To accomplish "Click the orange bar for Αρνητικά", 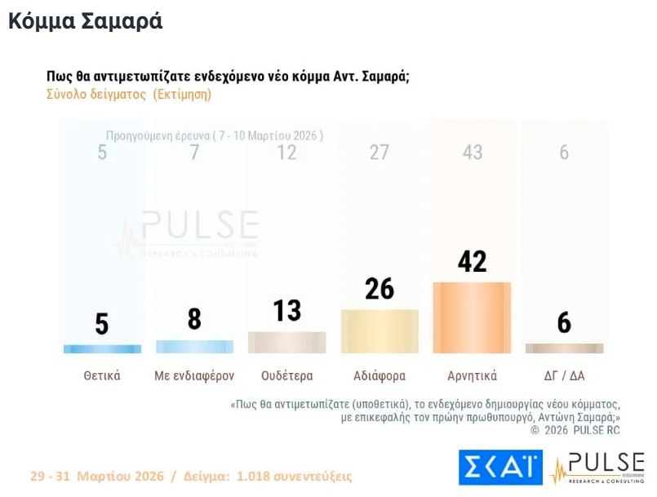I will pos(472,317).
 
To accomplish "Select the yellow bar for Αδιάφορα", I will pos(380,331).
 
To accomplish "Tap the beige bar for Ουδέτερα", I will pos(286,342).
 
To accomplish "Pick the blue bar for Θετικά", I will pos(102,348).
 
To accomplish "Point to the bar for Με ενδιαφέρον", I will pos(194,346).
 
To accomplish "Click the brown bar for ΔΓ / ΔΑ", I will pos(564,348).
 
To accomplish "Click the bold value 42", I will pos(472,261).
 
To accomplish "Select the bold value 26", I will pos(380,289).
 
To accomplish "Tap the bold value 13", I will pos(286,311).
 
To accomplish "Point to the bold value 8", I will pos(194,319).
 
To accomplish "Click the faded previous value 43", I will pos(472,153).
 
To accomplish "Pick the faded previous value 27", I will pos(380,153).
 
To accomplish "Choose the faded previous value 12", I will pos(286,153).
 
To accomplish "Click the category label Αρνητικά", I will pos(472,376).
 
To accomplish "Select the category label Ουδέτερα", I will pos(286,376).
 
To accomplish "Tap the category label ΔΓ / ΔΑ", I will pos(564,376).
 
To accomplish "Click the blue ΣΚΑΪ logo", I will pos(500,467).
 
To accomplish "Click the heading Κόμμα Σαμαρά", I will pos(86,22).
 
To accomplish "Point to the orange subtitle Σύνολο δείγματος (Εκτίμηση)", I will pos(129,94).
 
